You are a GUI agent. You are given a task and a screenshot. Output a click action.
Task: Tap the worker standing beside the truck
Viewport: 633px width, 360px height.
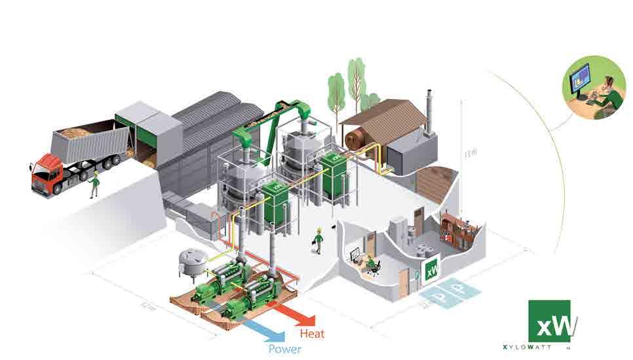click(x=94, y=185)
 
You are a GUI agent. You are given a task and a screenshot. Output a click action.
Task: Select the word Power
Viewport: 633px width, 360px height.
click(x=284, y=350)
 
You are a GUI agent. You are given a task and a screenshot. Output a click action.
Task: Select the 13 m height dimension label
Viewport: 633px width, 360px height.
click(x=467, y=156)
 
